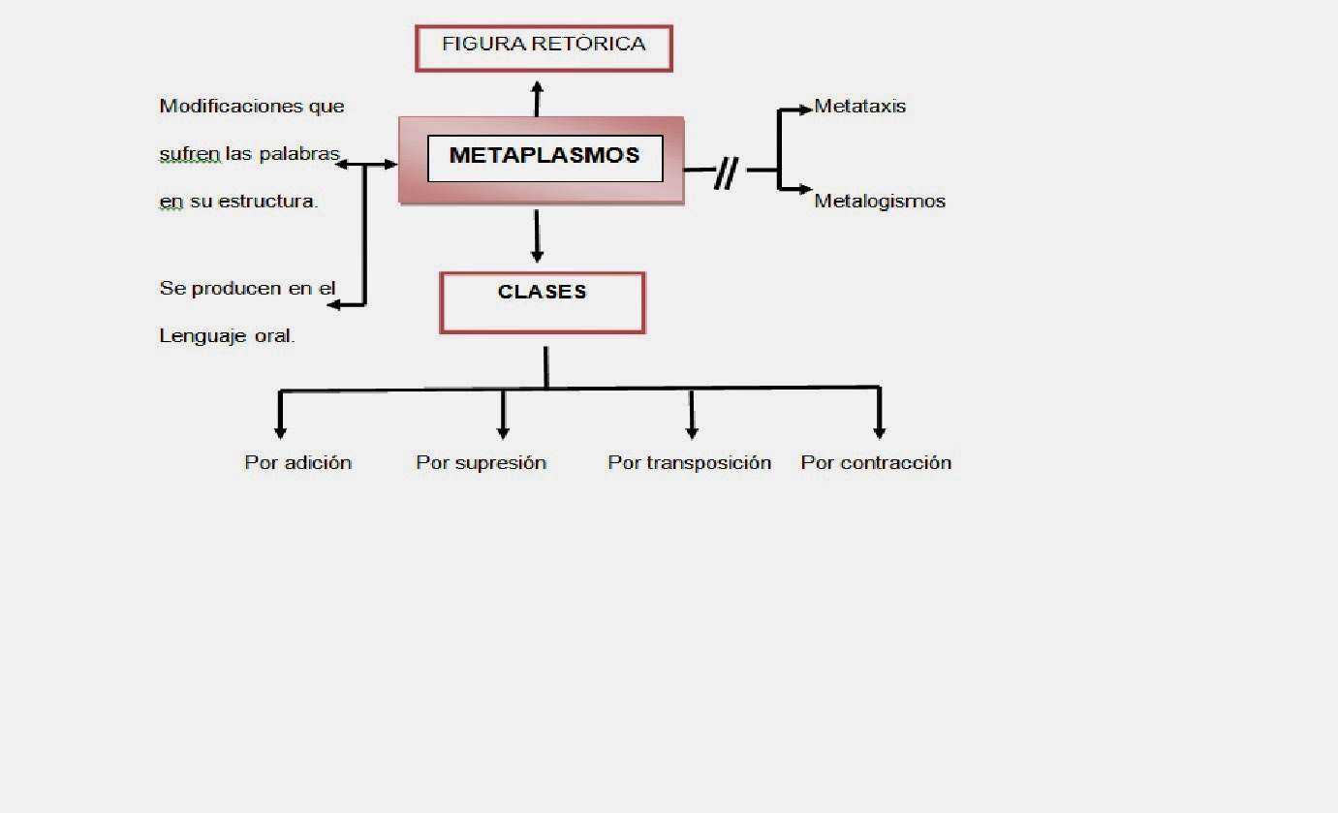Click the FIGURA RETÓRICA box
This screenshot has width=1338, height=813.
[x=544, y=47]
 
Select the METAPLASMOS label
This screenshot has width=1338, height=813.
[x=545, y=156]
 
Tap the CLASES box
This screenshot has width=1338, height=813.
[x=543, y=302]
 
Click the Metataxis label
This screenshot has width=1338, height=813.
[x=859, y=107]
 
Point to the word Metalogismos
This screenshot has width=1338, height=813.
[x=880, y=202]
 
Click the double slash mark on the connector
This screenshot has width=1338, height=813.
[x=726, y=173]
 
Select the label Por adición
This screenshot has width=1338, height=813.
[x=297, y=463]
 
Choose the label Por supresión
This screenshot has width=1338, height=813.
[x=481, y=463]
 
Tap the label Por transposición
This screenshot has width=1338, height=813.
[x=689, y=463]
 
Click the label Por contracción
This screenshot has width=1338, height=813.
[x=876, y=463]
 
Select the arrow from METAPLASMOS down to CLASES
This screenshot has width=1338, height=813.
[x=537, y=236]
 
